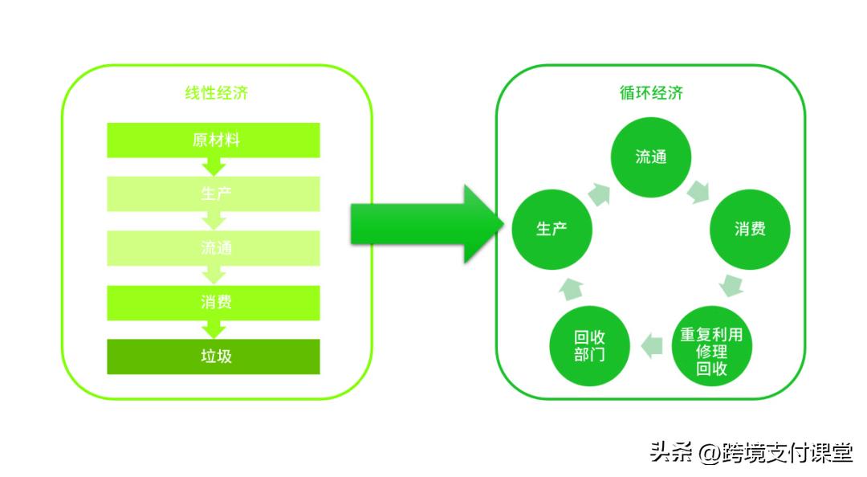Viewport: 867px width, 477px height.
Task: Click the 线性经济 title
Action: point(216,93)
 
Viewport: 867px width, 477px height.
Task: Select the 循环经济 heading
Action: point(650,93)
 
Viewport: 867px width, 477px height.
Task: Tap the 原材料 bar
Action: point(214,141)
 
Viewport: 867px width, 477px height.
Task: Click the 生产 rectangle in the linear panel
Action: point(214,194)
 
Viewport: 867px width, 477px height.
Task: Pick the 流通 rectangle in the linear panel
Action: point(214,247)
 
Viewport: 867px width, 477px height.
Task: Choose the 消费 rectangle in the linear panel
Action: point(214,302)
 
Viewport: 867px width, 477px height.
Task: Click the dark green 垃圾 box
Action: point(214,356)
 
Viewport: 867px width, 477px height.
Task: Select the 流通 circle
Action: point(651,157)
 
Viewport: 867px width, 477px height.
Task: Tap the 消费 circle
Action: point(750,229)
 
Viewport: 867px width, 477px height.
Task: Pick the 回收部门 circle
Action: point(589,346)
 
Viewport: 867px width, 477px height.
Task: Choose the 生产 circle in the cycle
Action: point(552,229)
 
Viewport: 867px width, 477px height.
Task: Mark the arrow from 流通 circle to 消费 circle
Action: point(699,192)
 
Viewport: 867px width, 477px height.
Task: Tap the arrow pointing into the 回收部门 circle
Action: point(651,346)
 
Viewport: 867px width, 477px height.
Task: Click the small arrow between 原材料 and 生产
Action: point(214,166)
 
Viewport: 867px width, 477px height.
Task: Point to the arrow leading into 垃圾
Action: point(214,328)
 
